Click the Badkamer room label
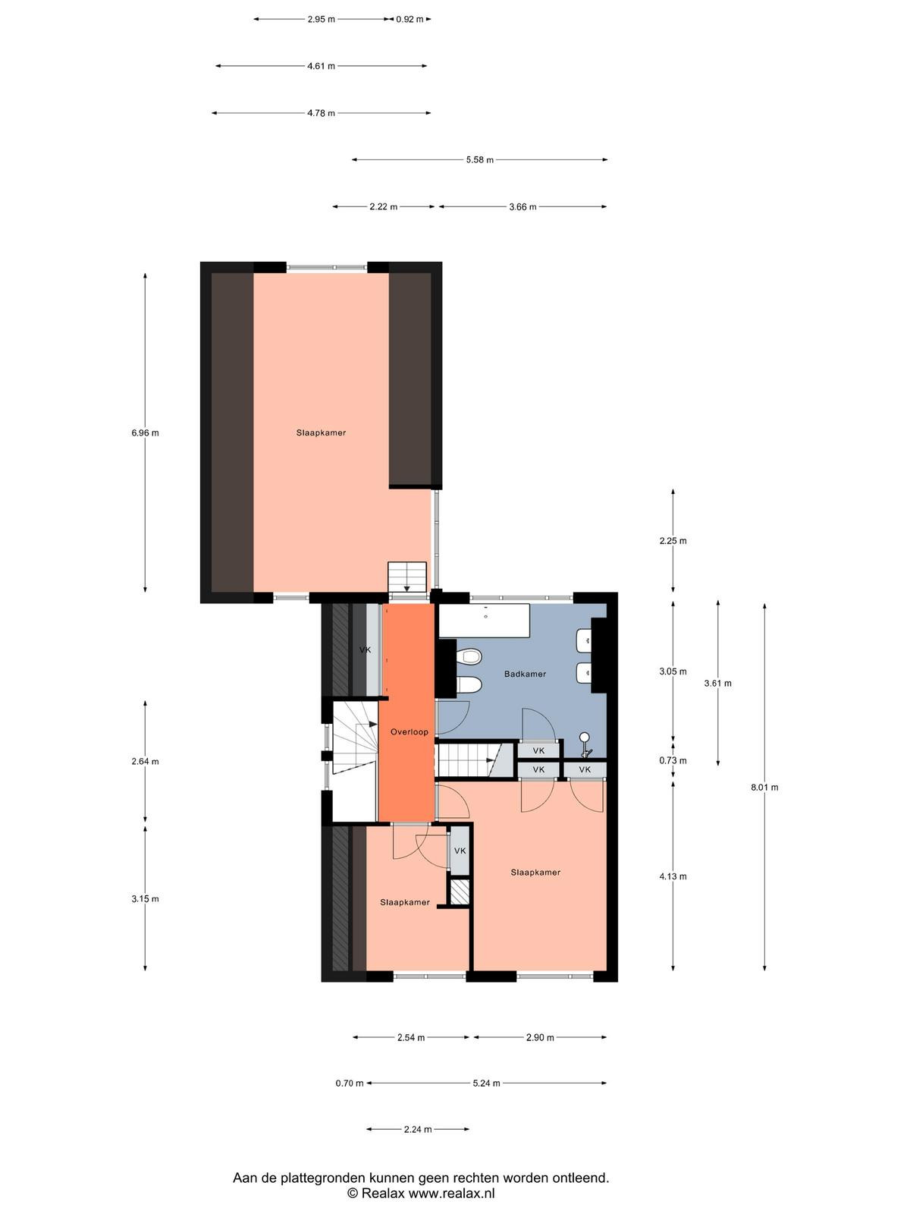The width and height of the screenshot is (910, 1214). click(x=525, y=674)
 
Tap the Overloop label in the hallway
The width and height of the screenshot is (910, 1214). click(x=409, y=731)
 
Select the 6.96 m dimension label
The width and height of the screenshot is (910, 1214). click(x=145, y=433)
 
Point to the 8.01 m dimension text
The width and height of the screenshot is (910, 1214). click(x=764, y=787)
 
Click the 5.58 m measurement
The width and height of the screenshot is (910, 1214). click(x=479, y=160)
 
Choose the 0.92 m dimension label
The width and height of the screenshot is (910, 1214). click(x=410, y=20)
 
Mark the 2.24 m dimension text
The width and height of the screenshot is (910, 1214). click(x=418, y=1129)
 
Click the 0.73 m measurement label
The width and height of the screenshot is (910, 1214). click(x=673, y=760)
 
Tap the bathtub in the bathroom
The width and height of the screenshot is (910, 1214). click(x=484, y=621)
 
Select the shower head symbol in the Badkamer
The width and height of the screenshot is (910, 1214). click(x=585, y=744)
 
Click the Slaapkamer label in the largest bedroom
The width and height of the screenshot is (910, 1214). click(x=321, y=432)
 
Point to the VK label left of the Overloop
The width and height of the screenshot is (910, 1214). click(x=366, y=649)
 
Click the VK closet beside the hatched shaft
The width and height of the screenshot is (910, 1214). click(x=460, y=851)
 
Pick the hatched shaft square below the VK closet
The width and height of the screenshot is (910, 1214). click(x=460, y=892)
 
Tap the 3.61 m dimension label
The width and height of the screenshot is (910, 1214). click(x=717, y=683)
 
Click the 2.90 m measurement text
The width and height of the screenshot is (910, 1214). click(x=540, y=1037)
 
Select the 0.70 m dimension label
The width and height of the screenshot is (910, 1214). click(x=349, y=1083)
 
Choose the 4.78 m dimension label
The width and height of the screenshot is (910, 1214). click(x=321, y=113)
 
